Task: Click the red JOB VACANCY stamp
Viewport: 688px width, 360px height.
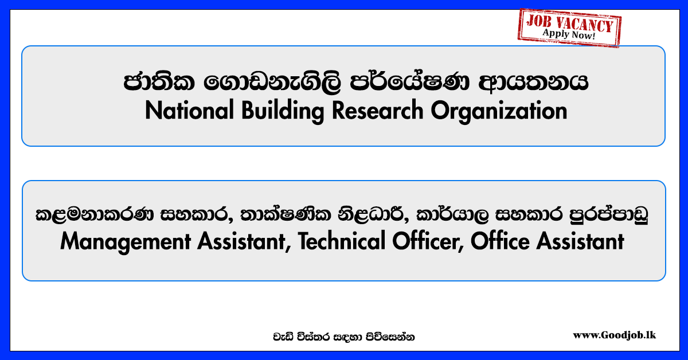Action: (x=569, y=28)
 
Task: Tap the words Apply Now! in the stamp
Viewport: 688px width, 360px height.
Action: (x=569, y=34)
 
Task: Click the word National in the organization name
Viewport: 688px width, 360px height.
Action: (x=189, y=111)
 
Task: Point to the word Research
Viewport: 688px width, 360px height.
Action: (x=377, y=110)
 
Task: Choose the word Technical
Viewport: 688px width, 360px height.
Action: (x=341, y=241)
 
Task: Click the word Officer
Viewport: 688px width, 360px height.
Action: (x=428, y=242)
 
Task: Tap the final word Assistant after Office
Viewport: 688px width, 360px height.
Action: (x=580, y=241)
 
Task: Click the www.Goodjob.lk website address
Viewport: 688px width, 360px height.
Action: (x=614, y=335)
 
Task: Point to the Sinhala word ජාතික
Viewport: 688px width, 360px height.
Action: (x=159, y=82)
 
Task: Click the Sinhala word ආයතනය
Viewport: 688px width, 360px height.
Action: (x=533, y=83)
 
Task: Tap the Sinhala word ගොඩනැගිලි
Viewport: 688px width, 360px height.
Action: (x=272, y=83)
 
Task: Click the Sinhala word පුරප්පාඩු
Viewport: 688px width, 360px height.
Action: (x=609, y=214)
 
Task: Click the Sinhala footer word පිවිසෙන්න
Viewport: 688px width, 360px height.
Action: (x=390, y=337)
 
